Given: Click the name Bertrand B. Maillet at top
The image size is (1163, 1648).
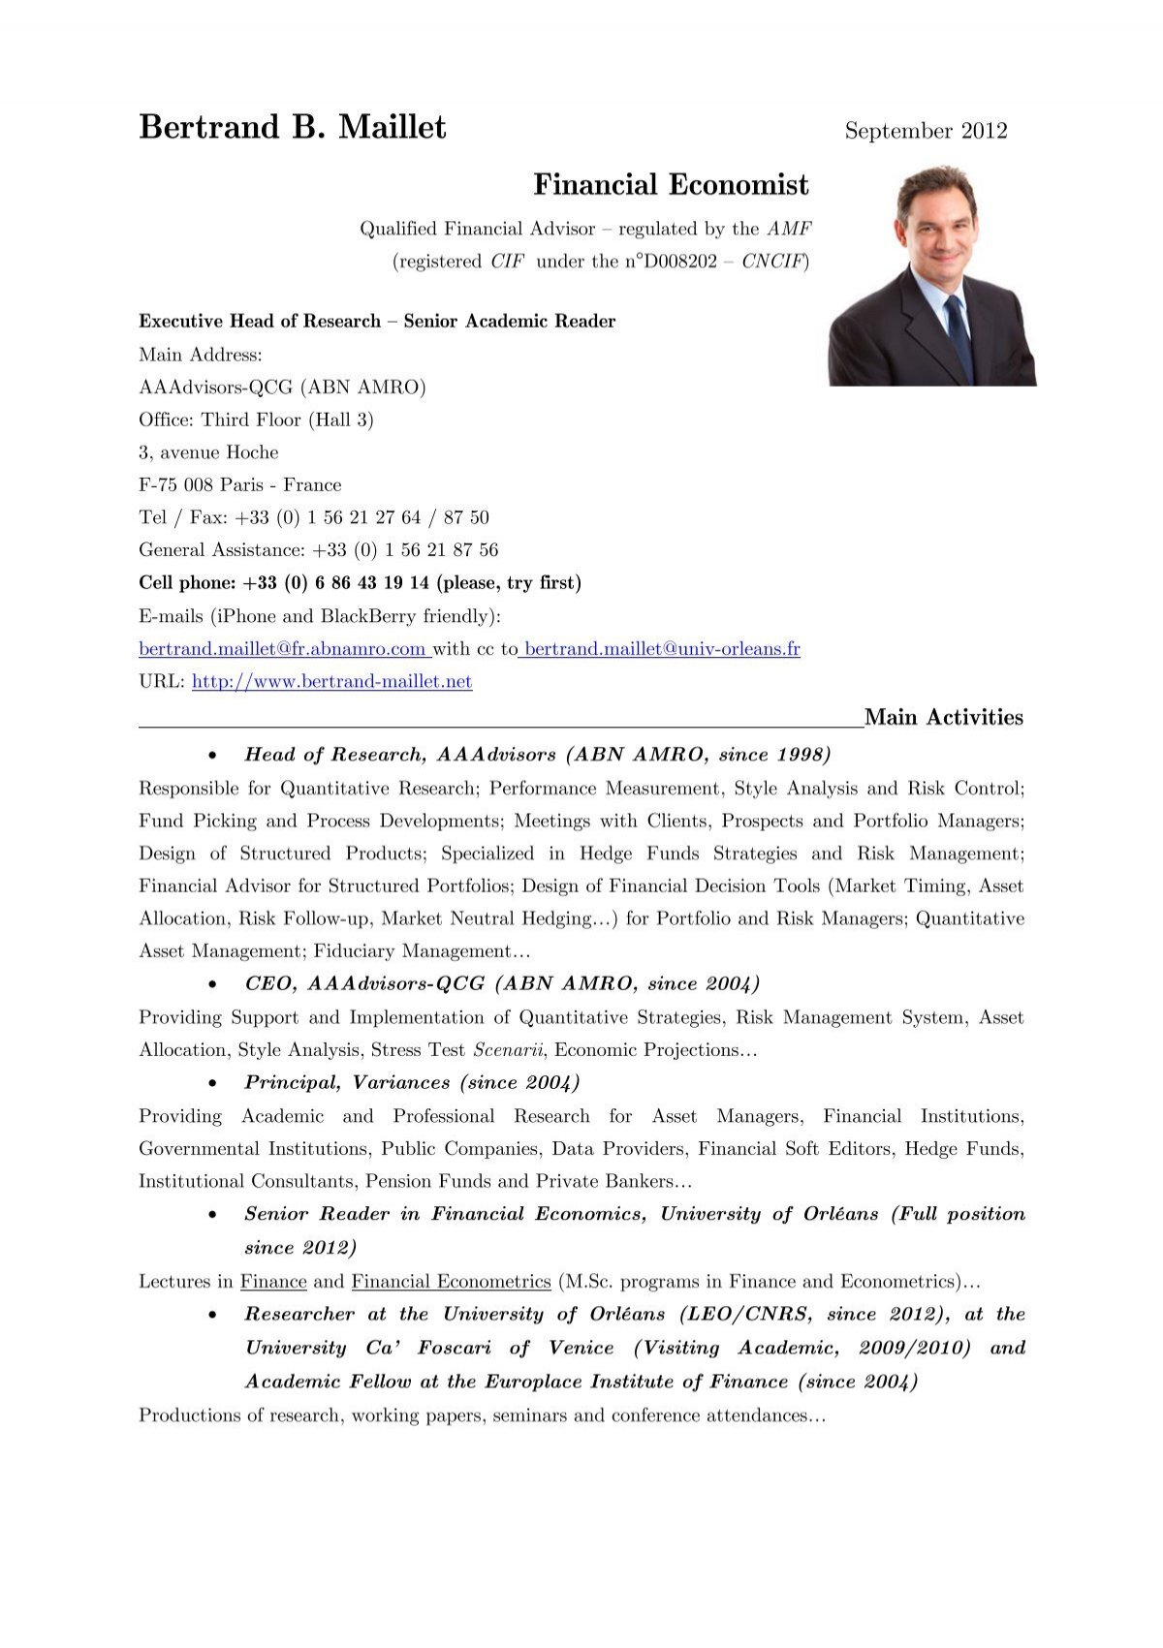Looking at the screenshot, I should (292, 127).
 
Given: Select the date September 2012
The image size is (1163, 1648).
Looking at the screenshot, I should (926, 131).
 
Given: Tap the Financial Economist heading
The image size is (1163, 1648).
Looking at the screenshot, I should (671, 184).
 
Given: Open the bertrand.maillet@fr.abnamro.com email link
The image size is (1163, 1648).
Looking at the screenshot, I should (282, 649).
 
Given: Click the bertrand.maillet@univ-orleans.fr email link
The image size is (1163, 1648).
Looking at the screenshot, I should (662, 649).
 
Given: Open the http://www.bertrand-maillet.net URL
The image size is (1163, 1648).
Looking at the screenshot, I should (332, 681).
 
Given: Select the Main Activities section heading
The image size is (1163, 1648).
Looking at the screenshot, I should (943, 718).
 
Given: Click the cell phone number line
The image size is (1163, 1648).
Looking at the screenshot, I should (360, 583).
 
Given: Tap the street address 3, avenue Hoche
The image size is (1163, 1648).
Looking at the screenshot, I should (208, 452).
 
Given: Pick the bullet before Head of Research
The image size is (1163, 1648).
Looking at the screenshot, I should (212, 756).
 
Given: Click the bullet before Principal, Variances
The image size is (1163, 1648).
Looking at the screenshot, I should (212, 1083).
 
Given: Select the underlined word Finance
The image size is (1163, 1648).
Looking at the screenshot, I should (273, 1282).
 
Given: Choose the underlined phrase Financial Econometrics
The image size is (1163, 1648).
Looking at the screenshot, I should (451, 1282).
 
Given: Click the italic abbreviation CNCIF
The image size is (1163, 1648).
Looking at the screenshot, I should (773, 262).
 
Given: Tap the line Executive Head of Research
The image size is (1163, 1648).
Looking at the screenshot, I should (377, 322).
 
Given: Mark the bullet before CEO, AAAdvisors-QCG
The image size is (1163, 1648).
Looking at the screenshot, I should (212, 984).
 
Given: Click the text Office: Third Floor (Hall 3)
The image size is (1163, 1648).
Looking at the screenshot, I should (256, 420).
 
